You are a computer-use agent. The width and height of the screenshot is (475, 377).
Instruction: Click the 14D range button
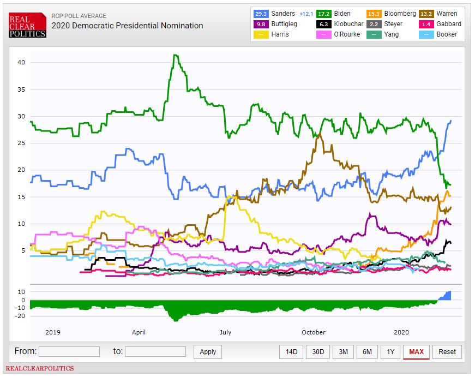(291, 352)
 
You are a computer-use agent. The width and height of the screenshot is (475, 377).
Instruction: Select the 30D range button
(317, 352)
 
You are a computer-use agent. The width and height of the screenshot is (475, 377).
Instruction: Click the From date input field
(69, 351)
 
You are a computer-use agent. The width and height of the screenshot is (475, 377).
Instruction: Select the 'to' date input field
(155, 351)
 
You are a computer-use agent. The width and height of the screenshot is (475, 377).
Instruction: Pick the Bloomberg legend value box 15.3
(374, 13)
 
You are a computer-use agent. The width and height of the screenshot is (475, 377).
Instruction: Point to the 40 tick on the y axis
(21, 62)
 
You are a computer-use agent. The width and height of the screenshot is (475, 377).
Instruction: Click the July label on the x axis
(225, 332)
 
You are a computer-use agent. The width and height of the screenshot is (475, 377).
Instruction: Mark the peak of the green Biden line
(175, 55)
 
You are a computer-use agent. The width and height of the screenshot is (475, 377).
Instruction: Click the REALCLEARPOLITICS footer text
(39, 369)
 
